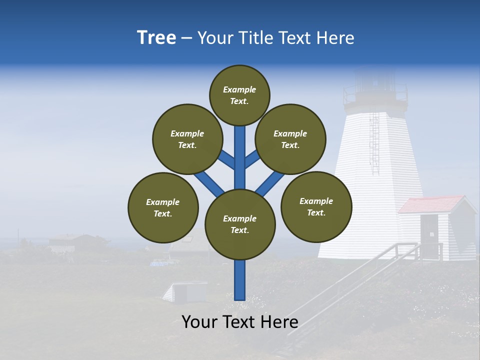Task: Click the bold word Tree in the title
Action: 156,38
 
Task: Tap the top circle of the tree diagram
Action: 239,95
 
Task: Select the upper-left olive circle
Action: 187,139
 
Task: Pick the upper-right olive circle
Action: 290,139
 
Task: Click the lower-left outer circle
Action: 163,207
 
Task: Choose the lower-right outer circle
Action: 316,206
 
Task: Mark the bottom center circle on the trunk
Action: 240,224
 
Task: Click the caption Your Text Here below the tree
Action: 240,322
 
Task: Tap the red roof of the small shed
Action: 431,204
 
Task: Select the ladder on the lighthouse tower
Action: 373,137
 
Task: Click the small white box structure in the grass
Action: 186,291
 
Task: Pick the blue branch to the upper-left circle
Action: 226,160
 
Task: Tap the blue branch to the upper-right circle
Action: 252,159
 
